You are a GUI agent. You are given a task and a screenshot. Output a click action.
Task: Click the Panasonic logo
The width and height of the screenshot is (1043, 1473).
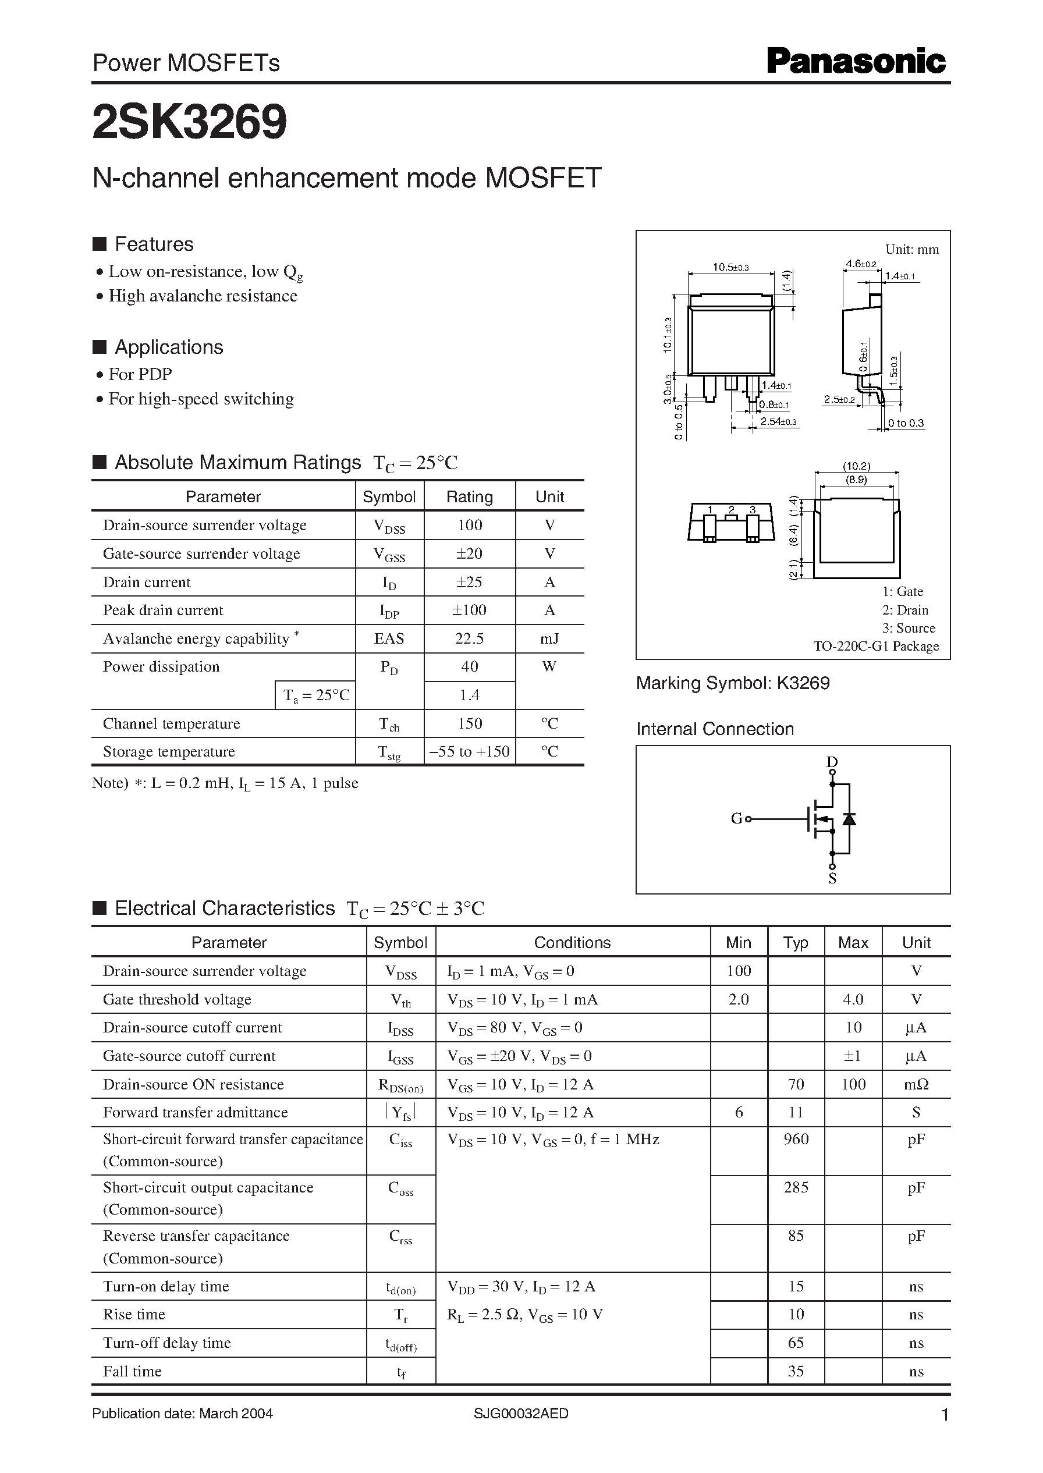(x=856, y=62)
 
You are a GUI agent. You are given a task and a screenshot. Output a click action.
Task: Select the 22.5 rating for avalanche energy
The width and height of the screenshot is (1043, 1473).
(x=469, y=638)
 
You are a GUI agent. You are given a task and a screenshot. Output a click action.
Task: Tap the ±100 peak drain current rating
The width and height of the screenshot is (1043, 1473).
(x=469, y=610)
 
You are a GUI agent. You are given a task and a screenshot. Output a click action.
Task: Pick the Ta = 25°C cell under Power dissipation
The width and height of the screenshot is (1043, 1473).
(x=316, y=695)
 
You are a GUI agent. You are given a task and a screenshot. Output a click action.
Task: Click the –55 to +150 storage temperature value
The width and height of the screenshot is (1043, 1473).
(x=469, y=751)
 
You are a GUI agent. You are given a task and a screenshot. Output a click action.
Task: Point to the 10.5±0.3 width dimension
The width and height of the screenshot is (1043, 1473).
(x=730, y=267)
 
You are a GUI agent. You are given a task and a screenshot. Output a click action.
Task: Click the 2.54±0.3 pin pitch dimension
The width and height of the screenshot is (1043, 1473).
(x=778, y=422)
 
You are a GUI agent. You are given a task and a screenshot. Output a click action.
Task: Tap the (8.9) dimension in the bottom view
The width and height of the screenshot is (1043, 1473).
(x=856, y=480)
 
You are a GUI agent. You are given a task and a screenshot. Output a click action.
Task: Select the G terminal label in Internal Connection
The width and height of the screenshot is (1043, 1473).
(x=736, y=819)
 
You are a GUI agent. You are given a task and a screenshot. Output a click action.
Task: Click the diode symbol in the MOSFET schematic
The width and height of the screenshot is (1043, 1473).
(x=849, y=819)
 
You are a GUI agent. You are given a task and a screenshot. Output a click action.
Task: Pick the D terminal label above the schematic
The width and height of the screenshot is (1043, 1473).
(x=832, y=762)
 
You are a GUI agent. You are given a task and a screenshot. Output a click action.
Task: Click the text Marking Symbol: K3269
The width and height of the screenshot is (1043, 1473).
(x=733, y=683)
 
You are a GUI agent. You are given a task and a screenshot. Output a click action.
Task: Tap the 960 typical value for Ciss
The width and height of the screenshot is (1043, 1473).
(x=796, y=1139)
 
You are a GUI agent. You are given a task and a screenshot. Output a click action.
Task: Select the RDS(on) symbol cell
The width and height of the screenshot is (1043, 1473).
(x=401, y=1085)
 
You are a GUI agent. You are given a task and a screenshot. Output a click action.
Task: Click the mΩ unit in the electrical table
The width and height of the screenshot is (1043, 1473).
(x=916, y=1084)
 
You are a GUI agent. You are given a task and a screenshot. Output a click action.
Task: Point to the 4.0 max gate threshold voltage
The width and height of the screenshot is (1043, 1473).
(x=853, y=999)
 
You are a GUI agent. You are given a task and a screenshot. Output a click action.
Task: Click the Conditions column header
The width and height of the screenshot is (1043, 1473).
(x=572, y=943)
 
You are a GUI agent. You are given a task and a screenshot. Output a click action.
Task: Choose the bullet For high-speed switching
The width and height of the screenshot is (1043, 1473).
(x=200, y=399)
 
